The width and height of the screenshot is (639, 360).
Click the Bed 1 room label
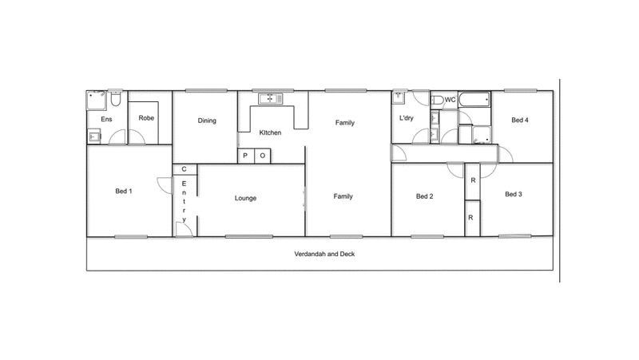(x=123, y=191)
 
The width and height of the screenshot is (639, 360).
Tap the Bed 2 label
(x=424, y=196)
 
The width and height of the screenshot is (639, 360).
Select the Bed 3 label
(x=513, y=194)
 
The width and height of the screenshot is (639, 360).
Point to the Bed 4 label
(x=520, y=121)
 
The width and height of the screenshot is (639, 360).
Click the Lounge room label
(x=245, y=198)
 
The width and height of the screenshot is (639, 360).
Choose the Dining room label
(x=208, y=121)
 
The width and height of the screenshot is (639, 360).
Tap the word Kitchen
(x=270, y=133)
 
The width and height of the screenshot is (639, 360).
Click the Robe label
(x=146, y=118)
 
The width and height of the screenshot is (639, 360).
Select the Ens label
(x=106, y=120)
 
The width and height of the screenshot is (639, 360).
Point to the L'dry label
(x=406, y=119)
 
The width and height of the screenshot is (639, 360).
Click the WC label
(x=450, y=100)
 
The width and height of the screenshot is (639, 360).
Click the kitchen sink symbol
(x=270, y=98)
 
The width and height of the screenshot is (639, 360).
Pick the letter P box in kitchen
(x=245, y=156)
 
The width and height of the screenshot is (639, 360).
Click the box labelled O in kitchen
(x=262, y=156)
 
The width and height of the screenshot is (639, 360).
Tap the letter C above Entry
(x=185, y=169)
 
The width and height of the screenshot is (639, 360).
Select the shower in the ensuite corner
(x=96, y=101)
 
